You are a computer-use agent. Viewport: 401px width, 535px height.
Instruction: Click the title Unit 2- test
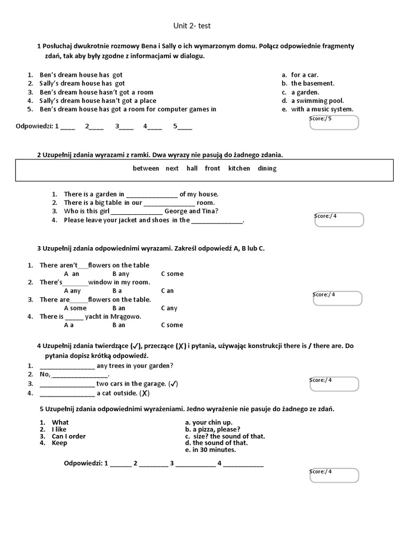[x=192, y=26]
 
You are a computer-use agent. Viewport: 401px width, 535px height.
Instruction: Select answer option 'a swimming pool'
[x=317, y=101]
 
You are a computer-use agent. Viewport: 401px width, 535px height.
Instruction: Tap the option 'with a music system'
[x=322, y=109]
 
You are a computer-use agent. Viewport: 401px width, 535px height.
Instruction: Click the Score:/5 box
[x=334, y=122]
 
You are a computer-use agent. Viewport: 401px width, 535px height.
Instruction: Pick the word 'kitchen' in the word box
[x=239, y=168]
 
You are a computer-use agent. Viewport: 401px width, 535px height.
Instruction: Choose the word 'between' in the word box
[x=146, y=168]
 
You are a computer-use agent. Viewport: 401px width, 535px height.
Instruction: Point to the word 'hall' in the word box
[x=192, y=168]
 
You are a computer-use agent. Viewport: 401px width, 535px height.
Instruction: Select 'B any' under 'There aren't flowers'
[x=121, y=274]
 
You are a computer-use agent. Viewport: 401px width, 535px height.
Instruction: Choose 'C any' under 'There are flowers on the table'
[x=169, y=308]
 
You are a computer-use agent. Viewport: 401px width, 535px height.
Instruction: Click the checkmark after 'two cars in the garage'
[x=174, y=384]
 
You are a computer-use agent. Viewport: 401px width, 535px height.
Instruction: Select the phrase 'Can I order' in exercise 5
[x=68, y=436]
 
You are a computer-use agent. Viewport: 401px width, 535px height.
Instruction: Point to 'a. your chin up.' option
[x=209, y=422]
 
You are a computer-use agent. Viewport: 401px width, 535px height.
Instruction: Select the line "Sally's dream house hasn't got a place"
[x=98, y=101]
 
